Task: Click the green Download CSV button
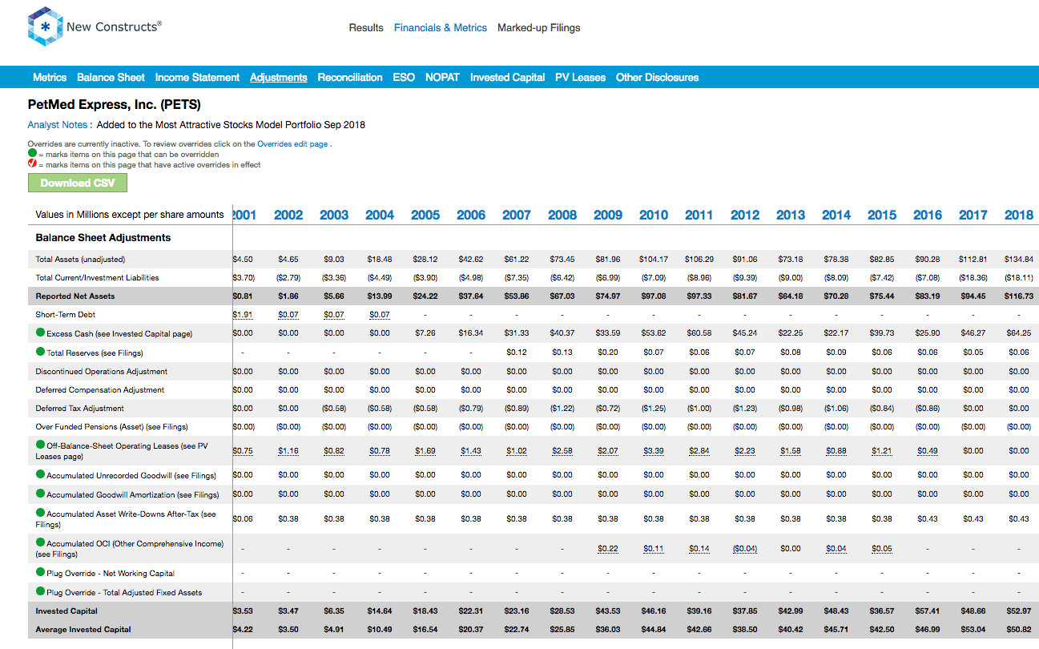click(78, 183)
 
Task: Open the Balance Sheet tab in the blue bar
click(111, 78)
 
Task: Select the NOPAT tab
click(442, 78)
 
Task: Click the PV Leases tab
click(580, 78)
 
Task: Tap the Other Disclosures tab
click(657, 78)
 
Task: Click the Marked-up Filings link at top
click(538, 28)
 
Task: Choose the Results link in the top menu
click(366, 28)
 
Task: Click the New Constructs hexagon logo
click(45, 26)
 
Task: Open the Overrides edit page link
click(292, 143)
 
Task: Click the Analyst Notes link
click(57, 125)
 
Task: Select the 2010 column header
click(654, 215)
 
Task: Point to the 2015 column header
click(882, 215)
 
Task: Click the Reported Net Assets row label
click(75, 296)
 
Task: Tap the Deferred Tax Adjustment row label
click(80, 409)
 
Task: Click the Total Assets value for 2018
click(1019, 260)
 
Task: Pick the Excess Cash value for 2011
click(699, 333)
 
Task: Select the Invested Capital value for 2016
click(927, 611)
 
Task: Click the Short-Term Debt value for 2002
click(288, 315)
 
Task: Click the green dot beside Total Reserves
click(40, 352)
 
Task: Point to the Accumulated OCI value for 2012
click(745, 548)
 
